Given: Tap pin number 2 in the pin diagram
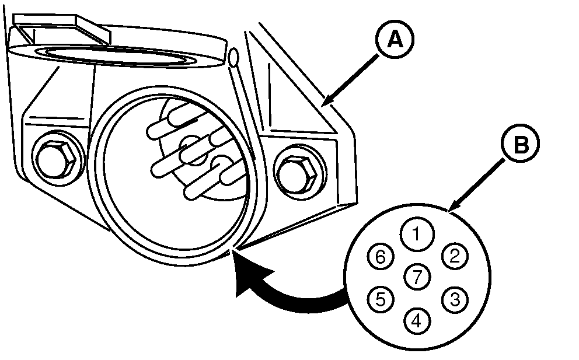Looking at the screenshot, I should tap(455, 255).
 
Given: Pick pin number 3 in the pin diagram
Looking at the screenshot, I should tap(455, 299).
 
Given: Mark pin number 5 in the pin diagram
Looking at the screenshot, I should tap(380, 299).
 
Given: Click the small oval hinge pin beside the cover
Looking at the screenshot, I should tap(233, 57).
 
